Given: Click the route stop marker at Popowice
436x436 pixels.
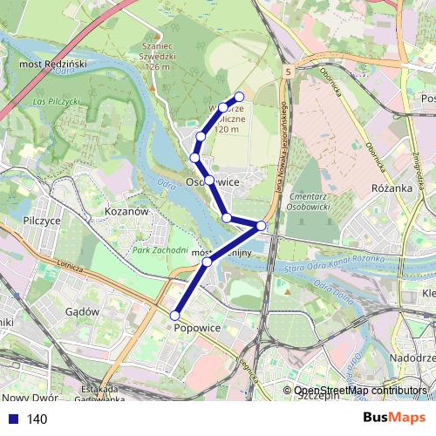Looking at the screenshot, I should point(175,315).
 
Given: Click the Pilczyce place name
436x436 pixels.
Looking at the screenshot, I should point(42,221).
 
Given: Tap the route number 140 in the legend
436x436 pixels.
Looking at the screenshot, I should point(37,419).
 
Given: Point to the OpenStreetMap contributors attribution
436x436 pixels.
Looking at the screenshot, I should point(361,391).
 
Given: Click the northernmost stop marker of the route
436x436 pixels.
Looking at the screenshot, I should point(239,96).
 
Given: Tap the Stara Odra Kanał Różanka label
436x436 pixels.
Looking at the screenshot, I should point(333,261).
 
